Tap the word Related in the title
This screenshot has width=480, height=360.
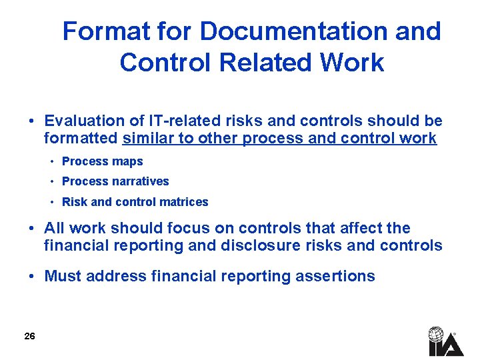[252, 63]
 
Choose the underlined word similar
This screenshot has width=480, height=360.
[148, 139]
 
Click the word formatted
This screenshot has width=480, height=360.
[81, 139]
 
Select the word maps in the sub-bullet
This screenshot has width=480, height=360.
[127, 161]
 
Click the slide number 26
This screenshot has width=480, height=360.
[29, 336]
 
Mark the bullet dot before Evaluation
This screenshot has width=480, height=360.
[31, 121]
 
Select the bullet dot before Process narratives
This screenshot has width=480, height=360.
[51, 182]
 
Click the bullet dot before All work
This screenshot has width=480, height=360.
[31, 229]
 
